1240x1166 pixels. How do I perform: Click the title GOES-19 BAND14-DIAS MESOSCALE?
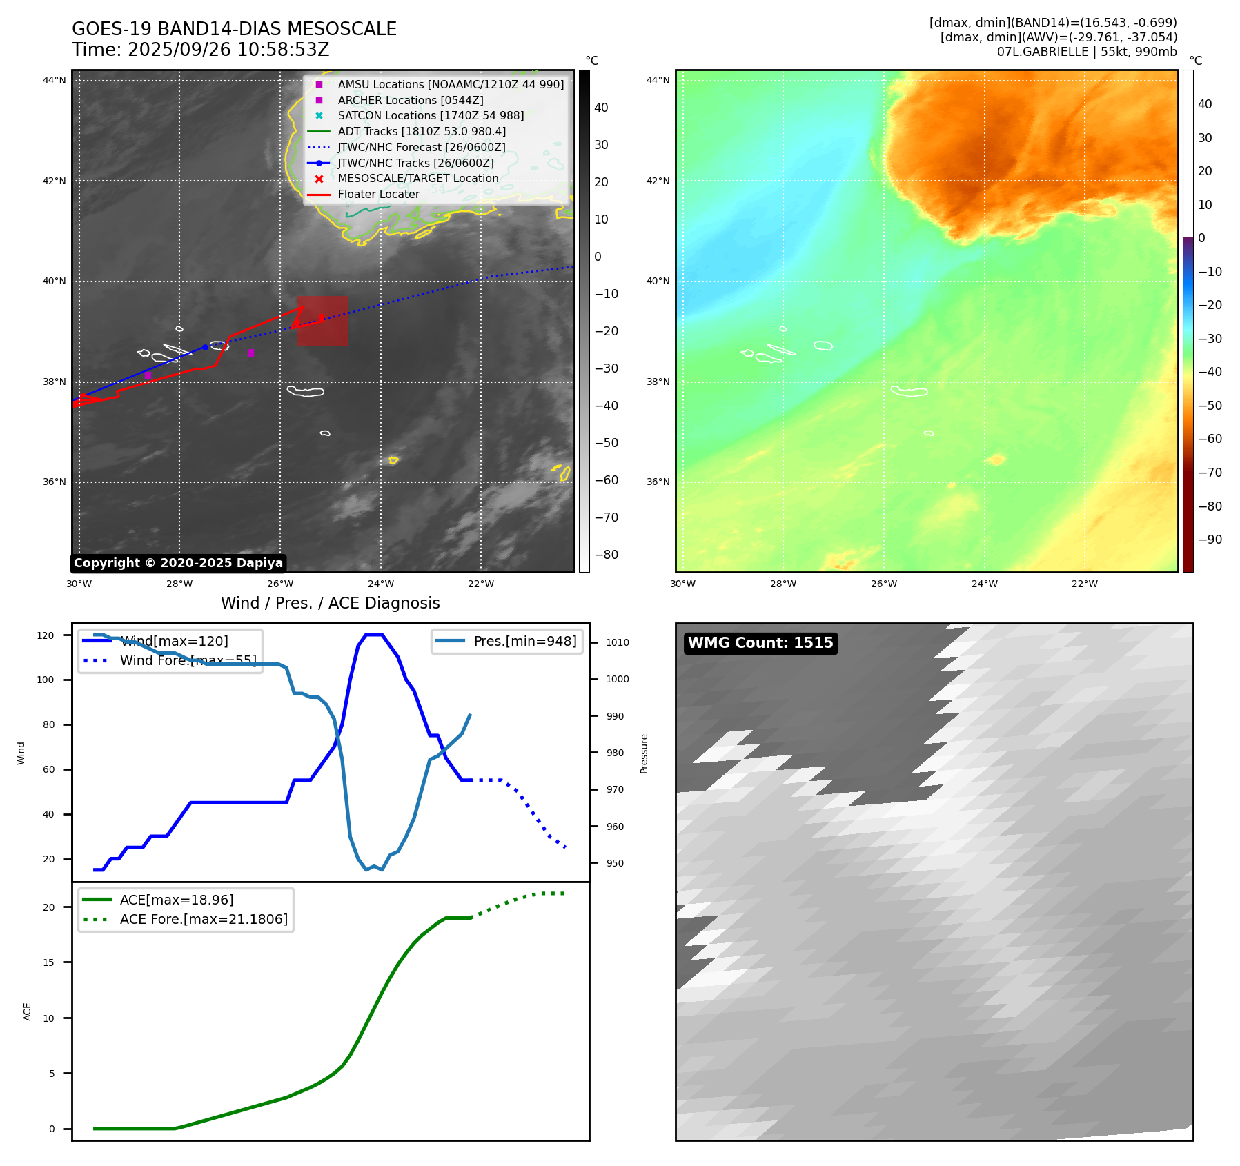click(x=234, y=29)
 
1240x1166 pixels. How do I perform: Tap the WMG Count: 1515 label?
click(x=760, y=643)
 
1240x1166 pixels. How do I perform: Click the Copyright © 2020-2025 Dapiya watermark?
click(x=178, y=563)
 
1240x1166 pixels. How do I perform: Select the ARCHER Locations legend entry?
click(x=410, y=100)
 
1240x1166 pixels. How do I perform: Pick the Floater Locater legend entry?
click(x=378, y=195)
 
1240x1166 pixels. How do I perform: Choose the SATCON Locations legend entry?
click(x=430, y=116)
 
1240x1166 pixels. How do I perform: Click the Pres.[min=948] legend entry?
click(x=524, y=641)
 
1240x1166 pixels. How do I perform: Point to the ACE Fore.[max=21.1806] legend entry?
click(x=204, y=919)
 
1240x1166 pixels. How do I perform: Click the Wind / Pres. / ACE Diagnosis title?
click(x=330, y=603)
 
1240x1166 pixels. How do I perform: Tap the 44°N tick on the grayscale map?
click(x=54, y=81)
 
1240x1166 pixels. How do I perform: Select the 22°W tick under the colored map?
click(x=1084, y=584)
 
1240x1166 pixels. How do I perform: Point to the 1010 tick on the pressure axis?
click(x=617, y=642)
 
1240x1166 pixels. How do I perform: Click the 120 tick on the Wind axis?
click(x=46, y=635)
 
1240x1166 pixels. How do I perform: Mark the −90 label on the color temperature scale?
click(x=1210, y=540)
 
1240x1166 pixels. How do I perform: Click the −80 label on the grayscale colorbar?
click(x=607, y=555)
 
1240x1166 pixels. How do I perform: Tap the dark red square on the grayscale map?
click(x=322, y=322)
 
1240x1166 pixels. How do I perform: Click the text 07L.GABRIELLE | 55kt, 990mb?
click(x=1087, y=52)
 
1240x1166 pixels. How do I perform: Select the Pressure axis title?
click(x=644, y=753)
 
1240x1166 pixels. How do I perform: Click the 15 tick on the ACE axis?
click(x=48, y=962)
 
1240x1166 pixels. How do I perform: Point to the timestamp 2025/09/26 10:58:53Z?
click(x=228, y=50)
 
